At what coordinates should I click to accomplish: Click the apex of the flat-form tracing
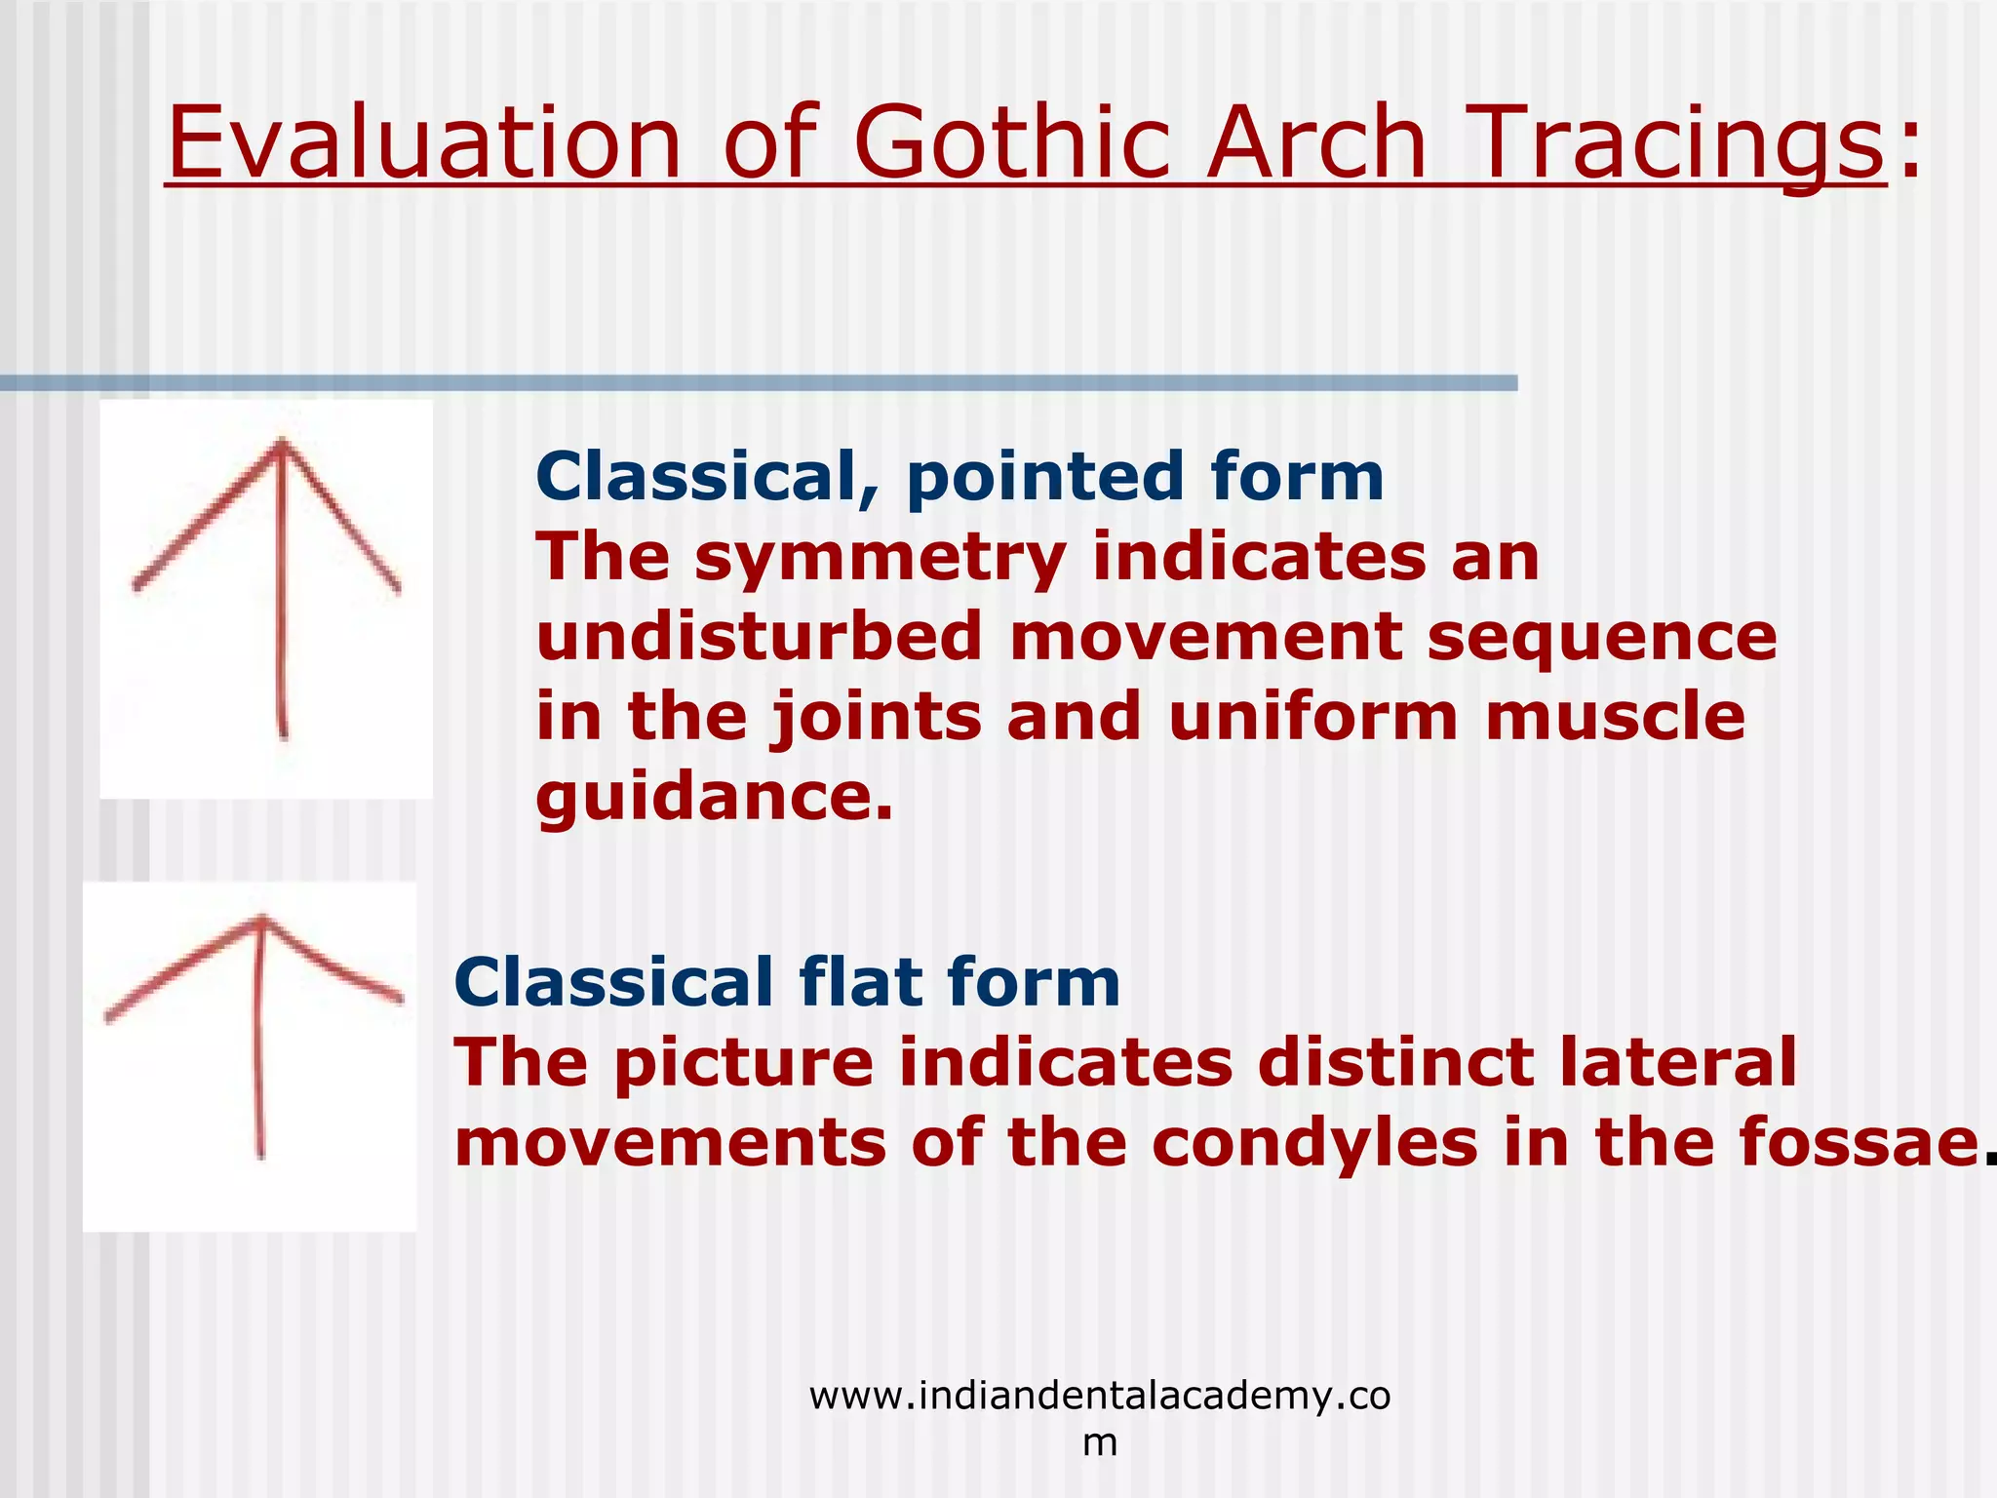click(261, 919)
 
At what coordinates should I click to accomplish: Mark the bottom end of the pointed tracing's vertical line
click(284, 736)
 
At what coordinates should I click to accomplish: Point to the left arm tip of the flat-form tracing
click(108, 1019)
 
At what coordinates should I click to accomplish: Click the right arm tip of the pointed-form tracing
click(397, 589)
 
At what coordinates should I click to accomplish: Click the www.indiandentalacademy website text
click(1099, 1397)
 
